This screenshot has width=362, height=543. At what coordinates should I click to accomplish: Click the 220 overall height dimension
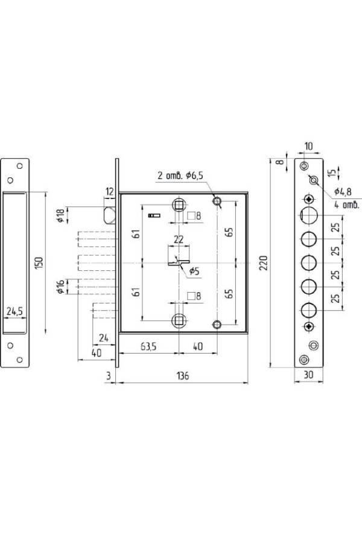click(264, 263)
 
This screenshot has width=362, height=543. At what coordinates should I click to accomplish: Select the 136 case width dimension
click(183, 376)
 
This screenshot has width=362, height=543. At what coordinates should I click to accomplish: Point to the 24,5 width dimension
click(14, 311)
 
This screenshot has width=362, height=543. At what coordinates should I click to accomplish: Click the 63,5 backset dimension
click(148, 346)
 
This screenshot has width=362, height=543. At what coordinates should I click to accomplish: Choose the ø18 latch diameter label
click(60, 216)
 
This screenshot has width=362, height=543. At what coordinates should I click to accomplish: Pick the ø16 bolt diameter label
click(60, 287)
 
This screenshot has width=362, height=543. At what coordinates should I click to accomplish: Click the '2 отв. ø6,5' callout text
click(180, 175)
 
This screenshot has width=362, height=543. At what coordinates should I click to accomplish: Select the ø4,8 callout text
click(343, 191)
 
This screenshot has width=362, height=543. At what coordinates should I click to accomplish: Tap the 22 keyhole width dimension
click(179, 240)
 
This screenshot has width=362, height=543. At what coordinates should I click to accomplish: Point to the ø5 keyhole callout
click(194, 271)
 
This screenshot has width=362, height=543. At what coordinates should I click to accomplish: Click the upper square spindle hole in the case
click(179, 206)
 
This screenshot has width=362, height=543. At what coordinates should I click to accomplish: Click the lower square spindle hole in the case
click(179, 321)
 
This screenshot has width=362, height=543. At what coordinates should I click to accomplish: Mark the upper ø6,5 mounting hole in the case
click(217, 201)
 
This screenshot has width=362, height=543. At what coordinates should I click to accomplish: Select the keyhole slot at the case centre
click(179, 263)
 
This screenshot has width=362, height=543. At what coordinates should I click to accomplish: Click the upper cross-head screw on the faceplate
click(309, 199)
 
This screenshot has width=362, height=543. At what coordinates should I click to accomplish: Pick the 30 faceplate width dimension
click(308, 374)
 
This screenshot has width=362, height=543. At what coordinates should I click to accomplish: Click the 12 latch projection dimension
click(109, 191)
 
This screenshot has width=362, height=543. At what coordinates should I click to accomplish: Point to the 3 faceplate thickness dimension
click(109, 376)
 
